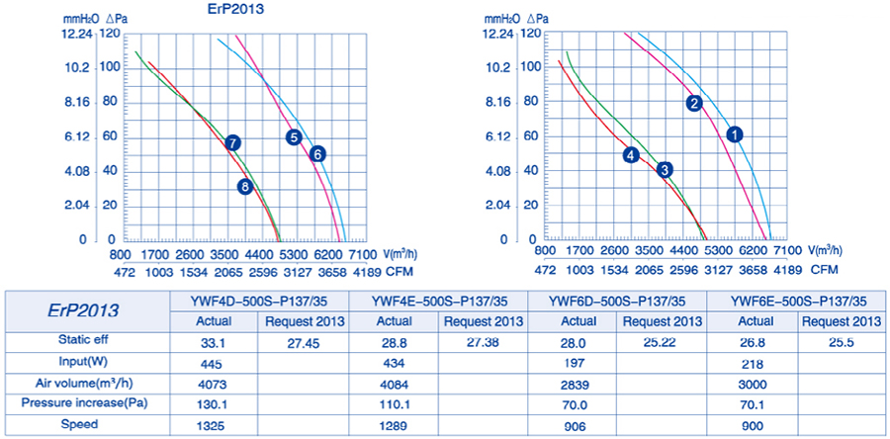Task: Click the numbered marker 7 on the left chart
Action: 232,142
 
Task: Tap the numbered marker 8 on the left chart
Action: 245,187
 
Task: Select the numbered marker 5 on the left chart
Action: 294,137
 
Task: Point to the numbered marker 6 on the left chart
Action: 317,153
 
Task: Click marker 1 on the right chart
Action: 734,133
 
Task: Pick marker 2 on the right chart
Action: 694,103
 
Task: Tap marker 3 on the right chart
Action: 666,169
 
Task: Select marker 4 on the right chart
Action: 631,154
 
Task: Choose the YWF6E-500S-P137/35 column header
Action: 798,302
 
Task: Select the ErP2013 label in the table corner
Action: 86,310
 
